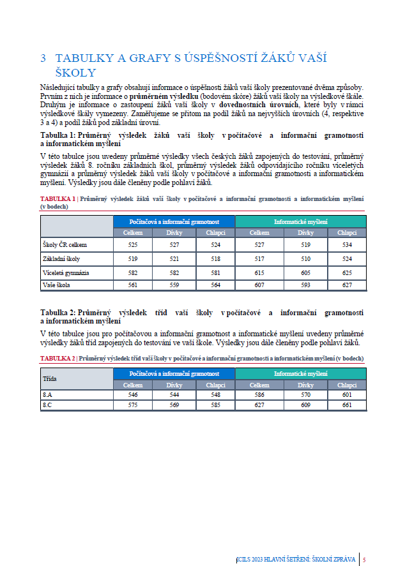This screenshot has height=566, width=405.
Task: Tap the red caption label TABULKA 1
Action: tap(57, 199)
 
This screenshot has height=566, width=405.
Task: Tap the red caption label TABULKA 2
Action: tap(57, 359)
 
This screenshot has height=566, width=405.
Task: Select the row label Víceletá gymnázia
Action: tap(66, 272)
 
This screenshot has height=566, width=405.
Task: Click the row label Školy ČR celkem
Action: tap(64, 244)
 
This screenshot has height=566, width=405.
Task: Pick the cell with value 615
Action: tap(259, 272)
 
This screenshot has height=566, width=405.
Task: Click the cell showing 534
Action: tap(347, 244)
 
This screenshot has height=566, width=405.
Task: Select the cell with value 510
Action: tap(302, 258)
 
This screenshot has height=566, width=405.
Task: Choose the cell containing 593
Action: tap(302, 286)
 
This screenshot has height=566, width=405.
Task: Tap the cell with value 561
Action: tap(133, 286)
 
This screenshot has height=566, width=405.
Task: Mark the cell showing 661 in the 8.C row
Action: tap(347, 405)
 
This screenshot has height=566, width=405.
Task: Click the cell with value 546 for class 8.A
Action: tap(133, 396)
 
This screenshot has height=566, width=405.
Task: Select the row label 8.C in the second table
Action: tap(49, 405)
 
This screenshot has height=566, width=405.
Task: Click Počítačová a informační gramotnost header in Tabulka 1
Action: tap(174, 221)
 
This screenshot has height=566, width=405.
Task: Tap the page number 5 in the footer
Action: tap(364, 560)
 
